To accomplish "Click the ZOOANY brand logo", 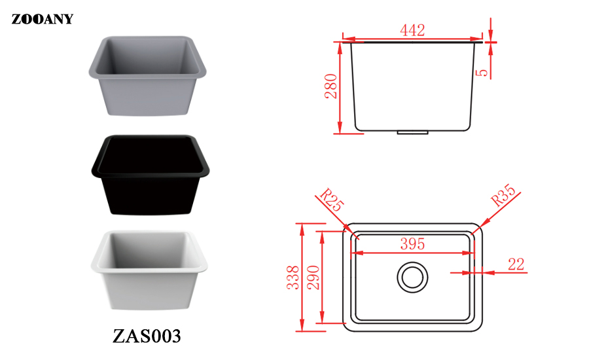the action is coord(42,19).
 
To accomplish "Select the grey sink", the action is coord(148,76).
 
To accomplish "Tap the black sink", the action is coord(151,175).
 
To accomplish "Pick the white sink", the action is coord(149,270).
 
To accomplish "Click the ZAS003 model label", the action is coord(147,336).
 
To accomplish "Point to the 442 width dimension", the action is coord(412,30).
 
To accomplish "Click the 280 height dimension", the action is coord(331,86).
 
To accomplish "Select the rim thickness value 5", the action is coord(482,72).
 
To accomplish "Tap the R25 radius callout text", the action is coord(332,200).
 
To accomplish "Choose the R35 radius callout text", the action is coord(504,195).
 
